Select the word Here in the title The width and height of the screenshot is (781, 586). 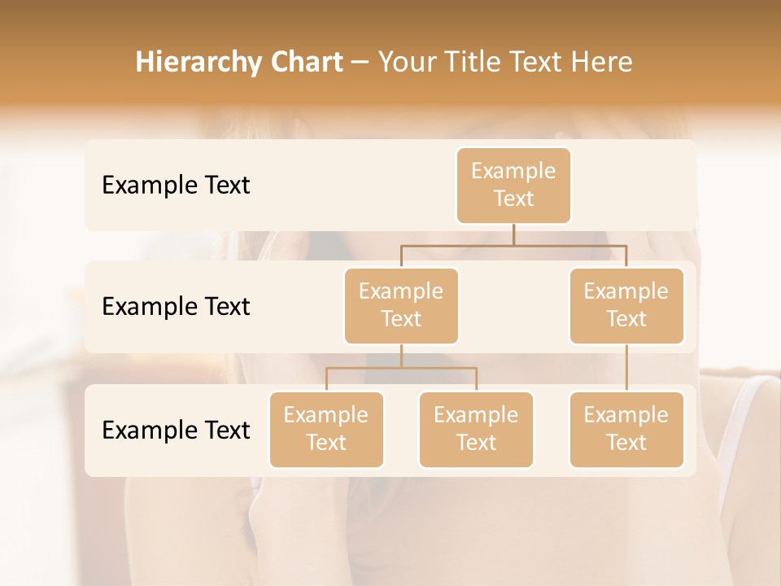click(x=603, y=62)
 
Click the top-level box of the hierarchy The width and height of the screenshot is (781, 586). click(x=513, y=185)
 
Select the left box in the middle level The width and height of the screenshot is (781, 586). click(x=401, y=305)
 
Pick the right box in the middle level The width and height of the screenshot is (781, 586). click(x=626, y=305)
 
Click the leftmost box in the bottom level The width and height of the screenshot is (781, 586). click(x=326, y=429)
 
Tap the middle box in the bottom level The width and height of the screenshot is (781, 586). click(x=476, y=429)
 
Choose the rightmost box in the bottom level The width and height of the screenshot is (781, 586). click(x=626, y=429)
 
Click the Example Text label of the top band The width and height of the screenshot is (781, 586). click(x=176, y=186)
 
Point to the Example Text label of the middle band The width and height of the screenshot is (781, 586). click(x=176, y=307)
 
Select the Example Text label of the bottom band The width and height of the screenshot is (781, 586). click(x=176, y=431)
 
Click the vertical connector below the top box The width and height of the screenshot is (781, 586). click(x=513, y=234)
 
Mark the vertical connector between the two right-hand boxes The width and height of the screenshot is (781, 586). click(x=626, y=368)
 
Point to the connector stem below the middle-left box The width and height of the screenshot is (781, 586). click(x=401, y=356)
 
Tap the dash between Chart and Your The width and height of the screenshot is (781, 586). click(x=360, y=63)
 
